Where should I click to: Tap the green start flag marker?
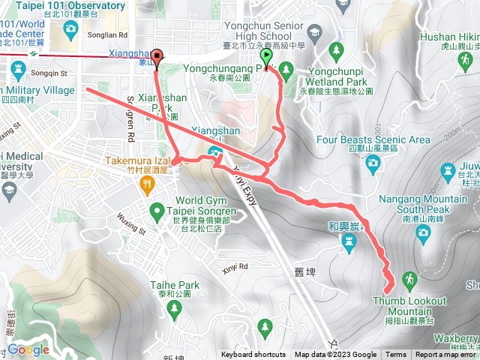(x=267, y=57)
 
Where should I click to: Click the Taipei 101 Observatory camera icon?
(x=71, y=31)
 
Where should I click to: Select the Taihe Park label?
(x=174, y=285)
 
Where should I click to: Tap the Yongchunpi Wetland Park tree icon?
(x=336, y=49)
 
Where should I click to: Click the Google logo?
(x=28, y=349)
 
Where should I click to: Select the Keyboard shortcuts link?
(x=253, y=355)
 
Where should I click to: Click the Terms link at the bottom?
(x=396, y=355)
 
